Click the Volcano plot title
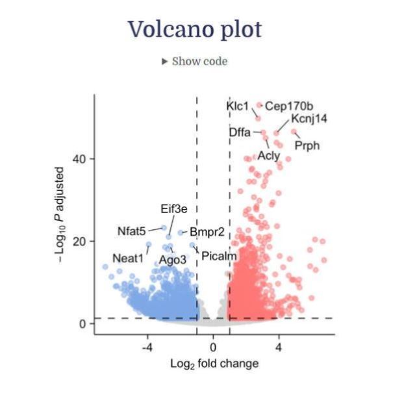(x=194, y=29)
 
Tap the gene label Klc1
(x=237, y=105)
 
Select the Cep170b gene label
(x=289, y=106)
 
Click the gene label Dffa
(x=240, y=133)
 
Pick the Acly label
(x=268, y=155)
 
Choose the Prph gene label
(x=307, y=145)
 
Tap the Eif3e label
(x=174, y=208)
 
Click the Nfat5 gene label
(x=131, y=231)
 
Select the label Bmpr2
(x=207, y=231)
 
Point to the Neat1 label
(x=127, y=258)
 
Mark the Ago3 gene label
(x=172, y=260)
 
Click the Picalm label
(x=219, y=257)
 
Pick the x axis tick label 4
(x=279, y=347)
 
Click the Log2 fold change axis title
(x=214, y=363)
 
